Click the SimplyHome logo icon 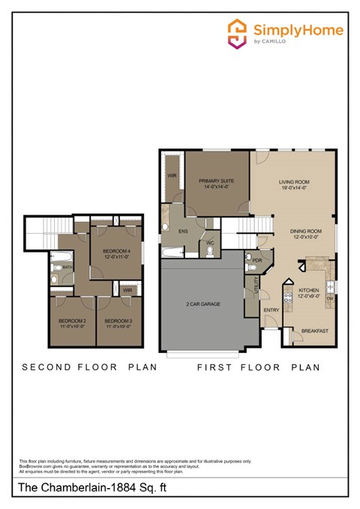tap(238, 33)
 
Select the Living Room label tap(295, 181)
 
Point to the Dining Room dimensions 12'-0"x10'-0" tap(305, 237)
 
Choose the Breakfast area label tap(315, 331)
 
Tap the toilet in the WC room tap(209, 251)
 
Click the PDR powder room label tap(257, 261)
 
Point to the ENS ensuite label tap(183, 232)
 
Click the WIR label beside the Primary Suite tap(172, 177)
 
